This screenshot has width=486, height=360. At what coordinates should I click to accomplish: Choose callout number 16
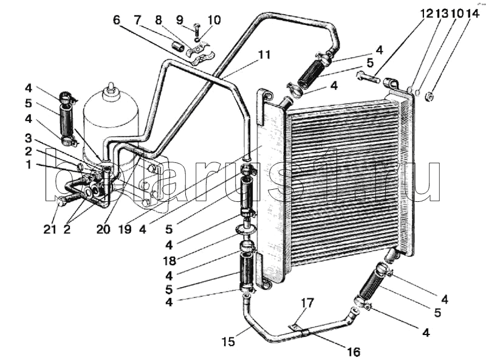pos(353,351)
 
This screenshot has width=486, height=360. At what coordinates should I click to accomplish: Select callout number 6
pos(115,19)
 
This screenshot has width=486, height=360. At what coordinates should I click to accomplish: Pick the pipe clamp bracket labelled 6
pos(197,54)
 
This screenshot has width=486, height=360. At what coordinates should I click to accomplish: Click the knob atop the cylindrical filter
pos(110,92)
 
